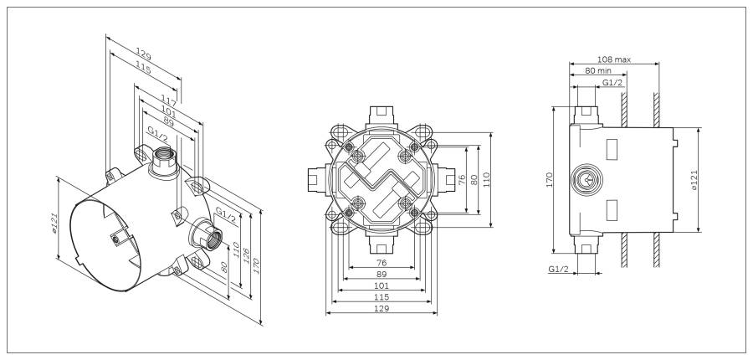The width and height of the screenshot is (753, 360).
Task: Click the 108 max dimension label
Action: pos(614,59)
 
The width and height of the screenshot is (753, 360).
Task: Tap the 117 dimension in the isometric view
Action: pos(168,100)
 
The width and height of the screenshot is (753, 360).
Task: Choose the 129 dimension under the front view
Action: pos(382,308)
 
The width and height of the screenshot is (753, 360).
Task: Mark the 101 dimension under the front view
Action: pos(382,285)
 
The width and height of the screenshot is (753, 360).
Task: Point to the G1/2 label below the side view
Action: pos(559,269)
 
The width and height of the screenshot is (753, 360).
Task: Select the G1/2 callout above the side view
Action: pos(612,83)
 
